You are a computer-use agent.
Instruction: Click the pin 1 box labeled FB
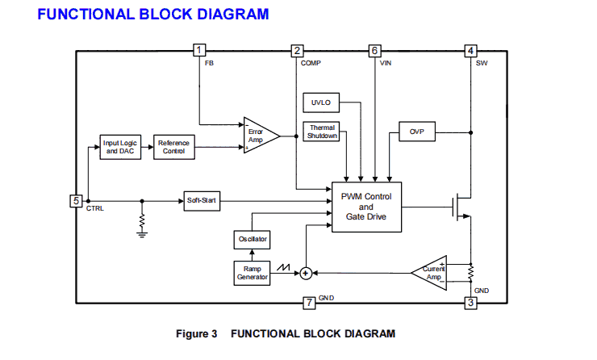coord(200,51)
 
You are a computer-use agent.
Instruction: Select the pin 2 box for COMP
coord(297,51)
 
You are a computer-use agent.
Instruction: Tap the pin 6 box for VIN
coord(374,51)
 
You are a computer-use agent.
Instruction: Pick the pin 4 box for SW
coord(471,51)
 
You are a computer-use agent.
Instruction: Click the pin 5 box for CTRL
coord(76,201)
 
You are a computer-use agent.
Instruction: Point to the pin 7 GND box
coord(308,303)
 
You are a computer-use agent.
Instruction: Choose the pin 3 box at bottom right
coord(471,303)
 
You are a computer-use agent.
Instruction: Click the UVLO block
coord(321,103)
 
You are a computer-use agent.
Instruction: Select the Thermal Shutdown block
coord(322,132)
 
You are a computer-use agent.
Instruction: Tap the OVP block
coord(417,132)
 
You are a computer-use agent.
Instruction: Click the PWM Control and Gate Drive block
coord(366,207)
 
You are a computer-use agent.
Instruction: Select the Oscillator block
coord(252,240)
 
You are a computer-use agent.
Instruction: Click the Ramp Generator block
coord(252,273)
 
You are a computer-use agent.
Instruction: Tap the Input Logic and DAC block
coord(119,148)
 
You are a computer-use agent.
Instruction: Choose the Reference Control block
coord(173,148)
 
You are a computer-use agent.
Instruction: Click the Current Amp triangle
coord(431,272)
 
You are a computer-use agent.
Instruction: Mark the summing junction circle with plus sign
coord(306,274)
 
